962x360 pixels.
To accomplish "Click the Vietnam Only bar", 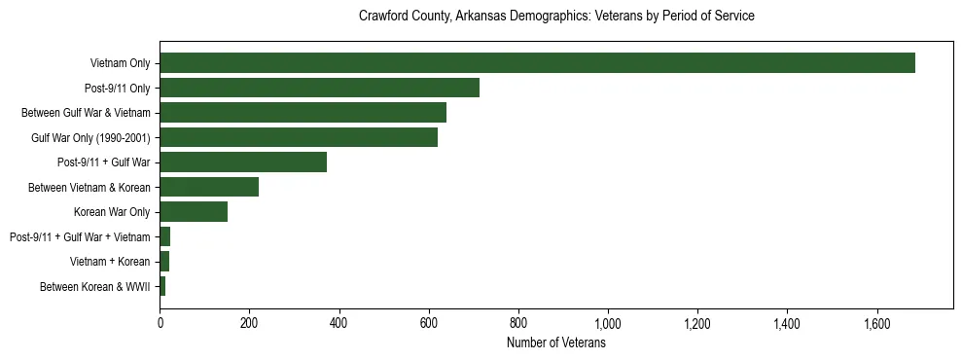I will point(537,63).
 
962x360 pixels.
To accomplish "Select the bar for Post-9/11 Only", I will point(319,88).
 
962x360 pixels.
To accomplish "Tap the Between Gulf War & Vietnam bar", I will point(303,113).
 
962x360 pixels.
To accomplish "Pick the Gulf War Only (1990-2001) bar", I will point(299,137).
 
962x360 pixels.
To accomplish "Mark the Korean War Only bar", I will point(194,212).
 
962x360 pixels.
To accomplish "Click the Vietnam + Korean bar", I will point(164,262).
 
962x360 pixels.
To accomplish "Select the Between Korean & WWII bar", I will point(162,286).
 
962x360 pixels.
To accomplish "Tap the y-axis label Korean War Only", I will point(112,212).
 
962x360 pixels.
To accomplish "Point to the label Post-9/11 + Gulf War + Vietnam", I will point(80,237).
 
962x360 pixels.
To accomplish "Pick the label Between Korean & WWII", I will point(95,287).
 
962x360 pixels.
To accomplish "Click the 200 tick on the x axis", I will point(249,322).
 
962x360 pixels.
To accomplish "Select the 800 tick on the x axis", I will point(518,322).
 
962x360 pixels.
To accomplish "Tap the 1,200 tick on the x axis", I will point(697,322).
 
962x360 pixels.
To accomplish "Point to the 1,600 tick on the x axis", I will point(876,322).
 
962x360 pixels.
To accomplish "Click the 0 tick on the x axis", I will point(160,322).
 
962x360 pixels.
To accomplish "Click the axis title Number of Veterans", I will point(556,343).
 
